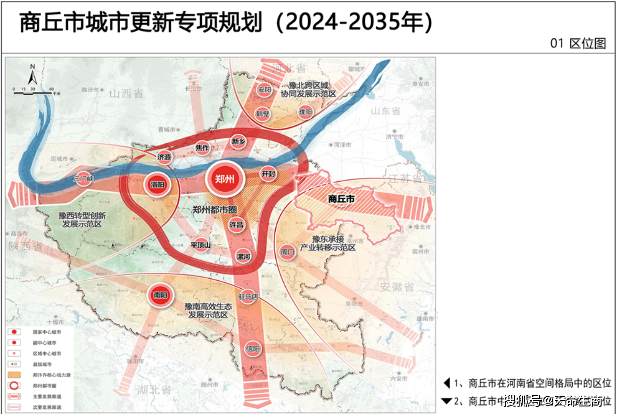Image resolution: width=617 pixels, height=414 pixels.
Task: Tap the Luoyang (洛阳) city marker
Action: pyautogui.click(x=157, y=185)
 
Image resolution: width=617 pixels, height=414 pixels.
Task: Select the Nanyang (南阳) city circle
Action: pyautogui.click(x=160, y=295)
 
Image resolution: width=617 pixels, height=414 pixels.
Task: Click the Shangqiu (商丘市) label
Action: pyautogui.click(x=341, y=199)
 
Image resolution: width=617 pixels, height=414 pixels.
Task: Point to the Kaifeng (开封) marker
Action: pyautogui.click(x=268, y=174)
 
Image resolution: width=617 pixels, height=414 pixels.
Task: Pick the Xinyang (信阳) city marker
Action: pyautogui.click(x=252, y=349)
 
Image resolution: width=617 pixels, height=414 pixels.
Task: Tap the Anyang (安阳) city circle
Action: pyautogui.click(x=265, y=89)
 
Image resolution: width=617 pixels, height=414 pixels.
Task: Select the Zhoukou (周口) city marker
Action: pyautogui.click(x=287, y=252)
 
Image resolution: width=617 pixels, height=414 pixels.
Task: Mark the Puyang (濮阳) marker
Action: pyautogui.click(x=305, y=112)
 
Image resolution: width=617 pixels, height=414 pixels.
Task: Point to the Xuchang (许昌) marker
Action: pyautogui.click(x=236, y=225)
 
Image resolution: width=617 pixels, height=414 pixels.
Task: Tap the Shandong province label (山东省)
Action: pyautogui.click(x=385, y=111)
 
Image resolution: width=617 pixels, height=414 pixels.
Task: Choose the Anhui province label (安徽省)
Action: pyautogui.click(x=396, y=286)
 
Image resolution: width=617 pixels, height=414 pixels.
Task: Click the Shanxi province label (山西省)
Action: pyautogui.click(x=126, y=93)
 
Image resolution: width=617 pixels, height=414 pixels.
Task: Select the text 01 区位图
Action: pyautogui.click(x=578, y=43)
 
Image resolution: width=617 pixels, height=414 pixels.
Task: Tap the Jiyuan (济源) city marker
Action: pyautogui.click(x=164, y=157)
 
